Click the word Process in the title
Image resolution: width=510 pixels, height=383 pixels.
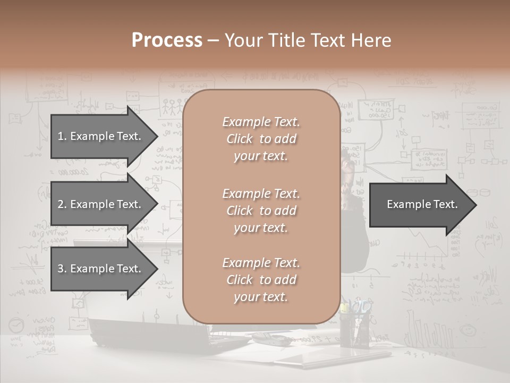point(167,40)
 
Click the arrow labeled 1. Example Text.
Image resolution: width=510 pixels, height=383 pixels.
point(101,136)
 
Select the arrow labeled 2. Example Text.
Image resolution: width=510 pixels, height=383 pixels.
point(101,204)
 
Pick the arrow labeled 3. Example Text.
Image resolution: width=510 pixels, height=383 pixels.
point(101,269)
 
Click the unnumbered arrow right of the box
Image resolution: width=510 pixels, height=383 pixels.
point(420,205)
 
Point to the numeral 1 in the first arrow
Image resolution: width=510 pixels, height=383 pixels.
point(60,136)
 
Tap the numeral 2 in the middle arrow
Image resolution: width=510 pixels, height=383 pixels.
point(61,204)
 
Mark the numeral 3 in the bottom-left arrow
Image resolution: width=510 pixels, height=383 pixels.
point(61,269)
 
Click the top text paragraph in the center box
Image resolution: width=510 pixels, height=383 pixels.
point(261,139)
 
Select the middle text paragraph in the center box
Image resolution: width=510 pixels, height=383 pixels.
point(261,211)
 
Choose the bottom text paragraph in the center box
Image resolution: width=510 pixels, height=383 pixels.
point(261,280)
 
